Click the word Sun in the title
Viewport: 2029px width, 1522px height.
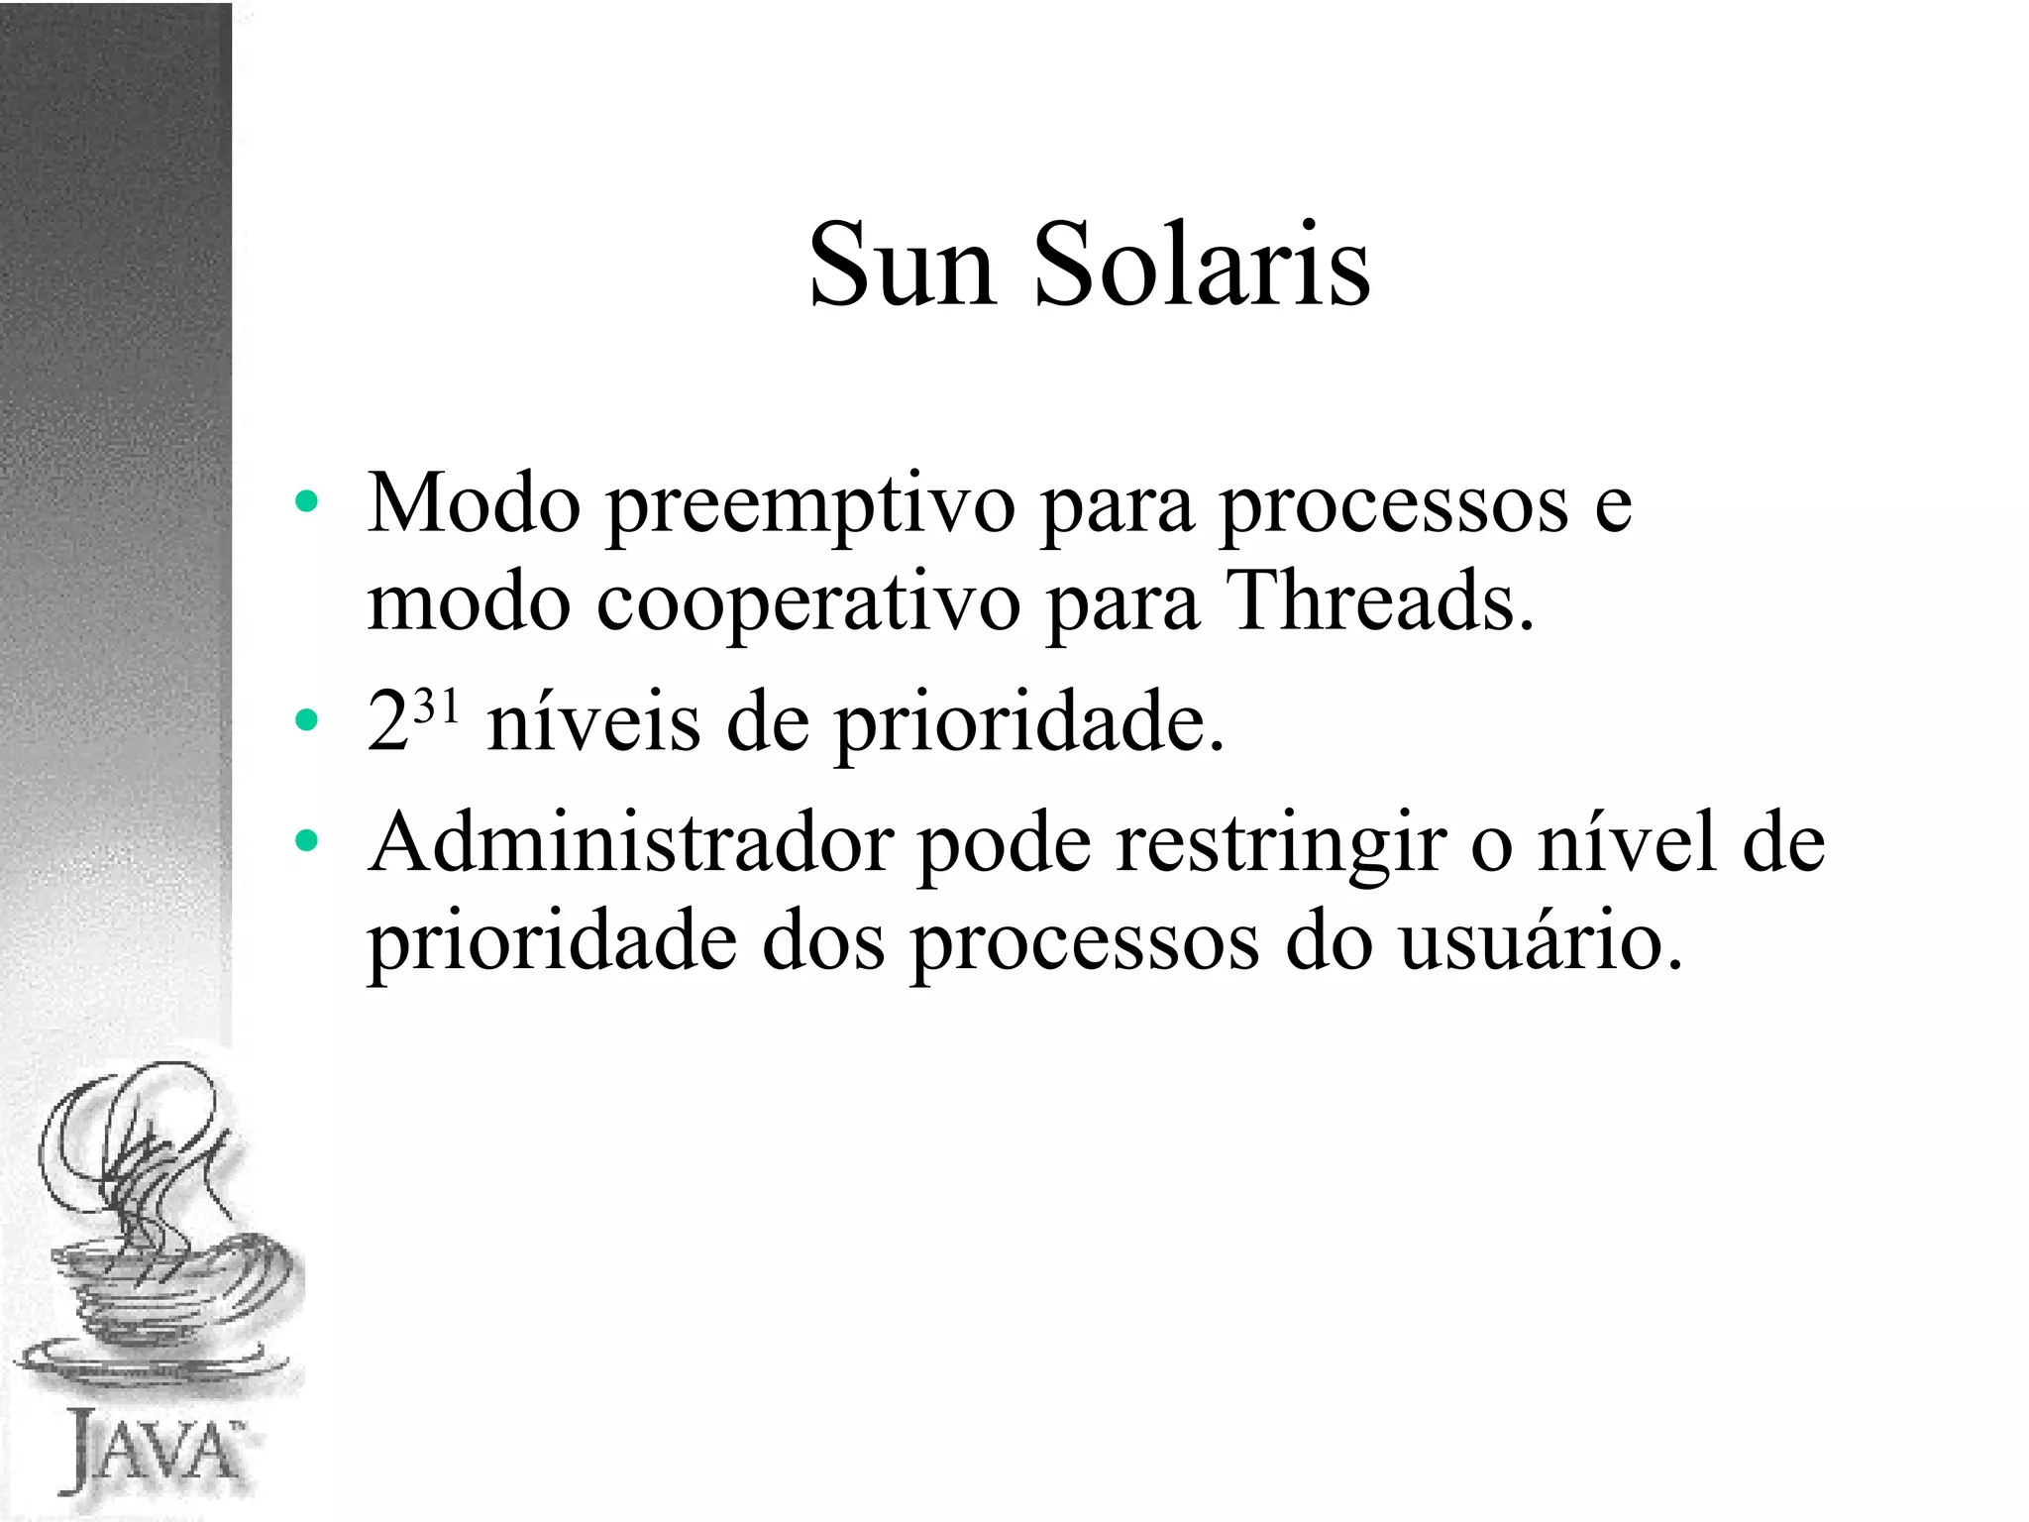(903, 266)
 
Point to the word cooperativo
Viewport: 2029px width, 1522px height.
(807, 603)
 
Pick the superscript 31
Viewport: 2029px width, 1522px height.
(437, 707)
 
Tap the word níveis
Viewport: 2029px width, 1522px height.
(593, 722)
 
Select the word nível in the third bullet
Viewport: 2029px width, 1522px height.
(1626, 842)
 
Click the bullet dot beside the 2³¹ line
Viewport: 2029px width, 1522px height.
(306, 721)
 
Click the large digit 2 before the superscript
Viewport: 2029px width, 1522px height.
(387, 722)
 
